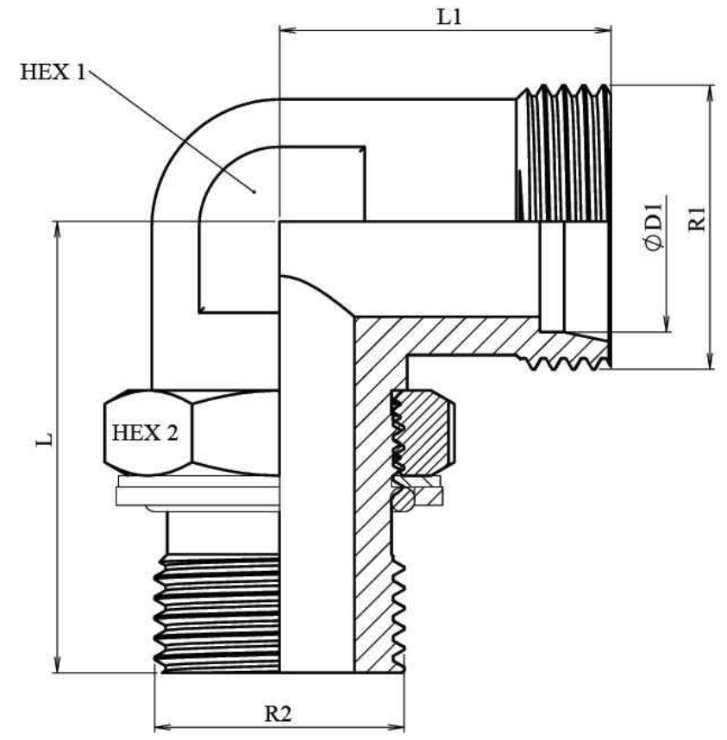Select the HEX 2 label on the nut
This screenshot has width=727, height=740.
145,432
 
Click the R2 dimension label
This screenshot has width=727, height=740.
277,713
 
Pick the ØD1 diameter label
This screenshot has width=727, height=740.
653,225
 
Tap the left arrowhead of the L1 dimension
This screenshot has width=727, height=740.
285,32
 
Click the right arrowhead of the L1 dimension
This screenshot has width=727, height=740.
605,32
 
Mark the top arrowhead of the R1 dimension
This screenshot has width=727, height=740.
709,91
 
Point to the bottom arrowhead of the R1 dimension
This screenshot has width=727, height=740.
709,363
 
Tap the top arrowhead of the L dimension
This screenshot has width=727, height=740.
59,228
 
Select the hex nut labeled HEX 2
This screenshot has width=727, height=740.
190,432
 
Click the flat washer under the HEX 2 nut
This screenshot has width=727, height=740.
194,494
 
